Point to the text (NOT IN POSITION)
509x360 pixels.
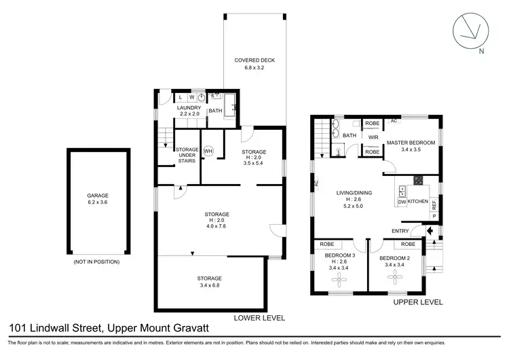click(96, 262)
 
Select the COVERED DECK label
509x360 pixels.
click(254, 60)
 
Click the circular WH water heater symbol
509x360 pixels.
click(208, 151)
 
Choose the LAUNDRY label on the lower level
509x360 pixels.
click(189, 108)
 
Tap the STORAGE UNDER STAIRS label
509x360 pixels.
click(186, 155)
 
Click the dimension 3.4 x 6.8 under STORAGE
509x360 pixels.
click(213, 285)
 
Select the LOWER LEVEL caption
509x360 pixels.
click(259, 317)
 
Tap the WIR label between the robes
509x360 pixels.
click(373, 137)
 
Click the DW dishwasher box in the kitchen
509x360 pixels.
click(402, 202)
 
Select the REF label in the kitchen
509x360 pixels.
click(434, 203)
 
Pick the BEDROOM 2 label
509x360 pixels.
click(395, 259)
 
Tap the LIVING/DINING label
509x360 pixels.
click(354, 192)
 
